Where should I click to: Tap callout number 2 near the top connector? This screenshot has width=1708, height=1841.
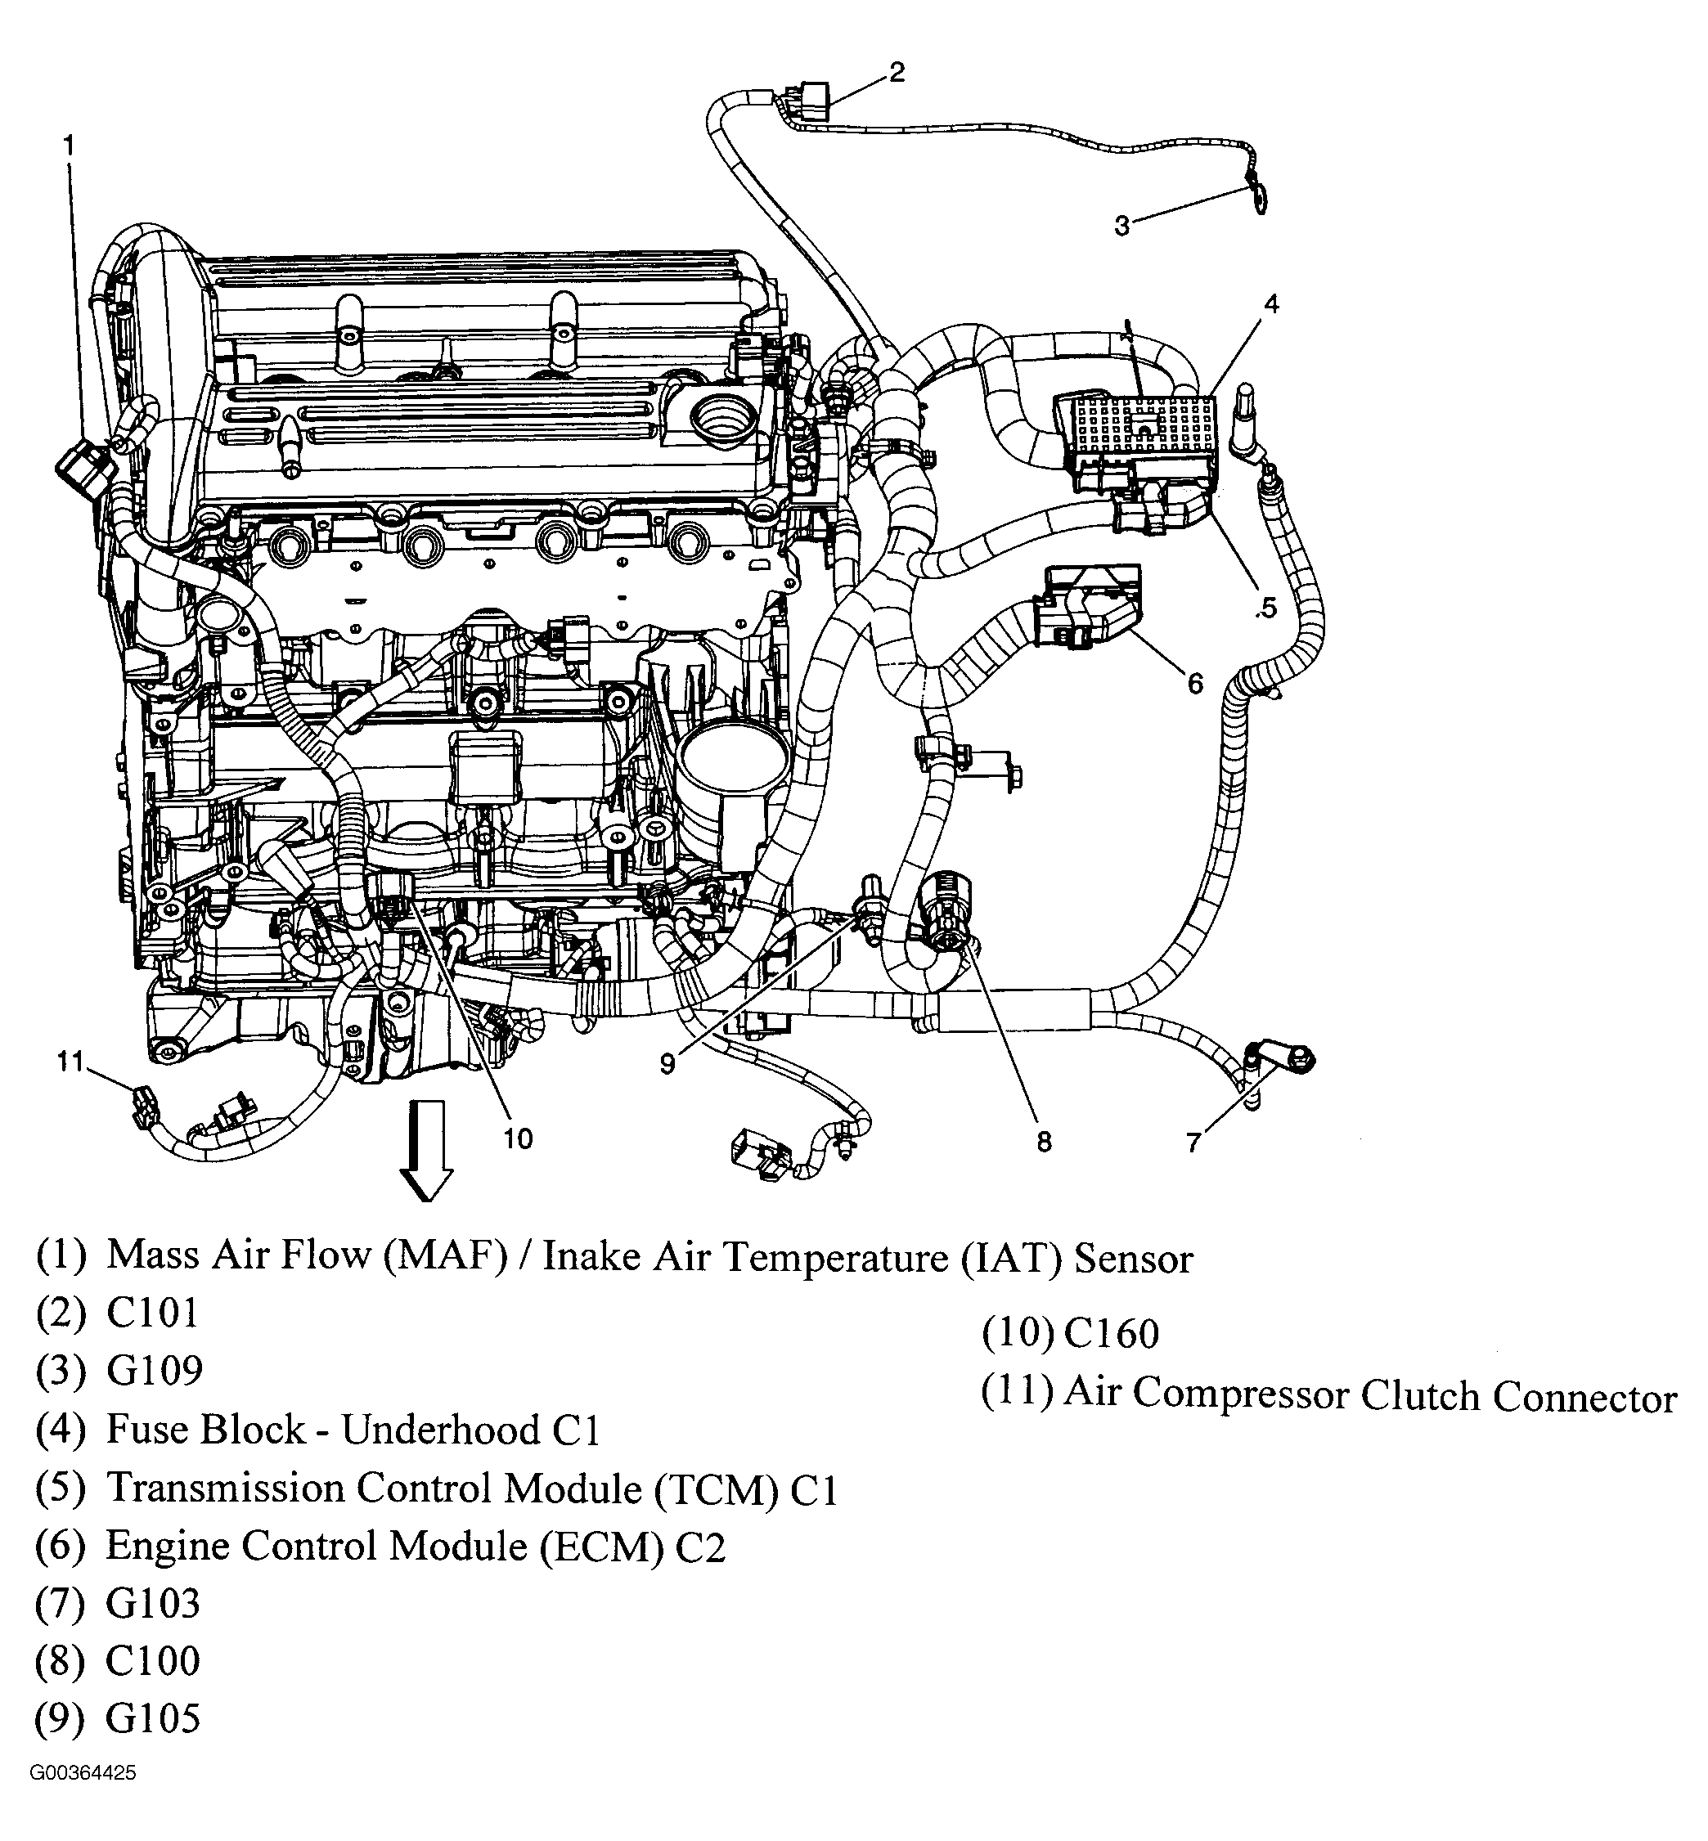(x=897, y=72)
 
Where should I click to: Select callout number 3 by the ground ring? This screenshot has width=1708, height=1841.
(x=1122, y=226)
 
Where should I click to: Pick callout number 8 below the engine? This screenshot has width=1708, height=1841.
(x=1044, y=1143)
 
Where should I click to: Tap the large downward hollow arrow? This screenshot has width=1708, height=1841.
(x=425, y=1150)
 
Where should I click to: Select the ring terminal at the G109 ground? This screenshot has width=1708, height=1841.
(x=1258, y=198)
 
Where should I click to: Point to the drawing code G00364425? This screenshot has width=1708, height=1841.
(x=83, y=1799)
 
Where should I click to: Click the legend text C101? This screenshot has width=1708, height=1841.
(x=152, y=1313)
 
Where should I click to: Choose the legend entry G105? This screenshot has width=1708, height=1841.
(x=152, y=1718)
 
